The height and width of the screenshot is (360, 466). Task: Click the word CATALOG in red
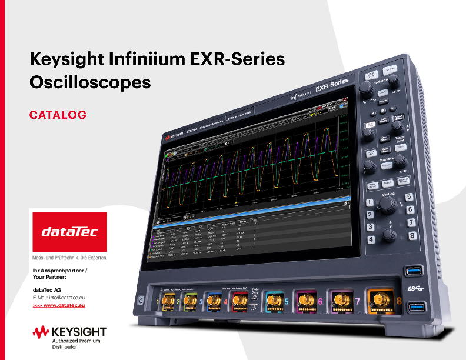(x=58, y=115)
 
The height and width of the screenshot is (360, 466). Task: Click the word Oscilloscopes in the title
(x=90, y=82)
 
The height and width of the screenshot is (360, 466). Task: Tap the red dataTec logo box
(x=69, y=232)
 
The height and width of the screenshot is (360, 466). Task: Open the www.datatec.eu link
(x=59, y=305)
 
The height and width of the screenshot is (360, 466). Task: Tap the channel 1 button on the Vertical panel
(x=370, y=202)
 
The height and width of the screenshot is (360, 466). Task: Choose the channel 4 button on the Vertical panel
(x=372, y=239)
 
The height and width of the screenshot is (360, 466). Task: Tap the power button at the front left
(x=141, y=299)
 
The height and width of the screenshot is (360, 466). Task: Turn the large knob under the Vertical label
(x=387, y=204)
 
